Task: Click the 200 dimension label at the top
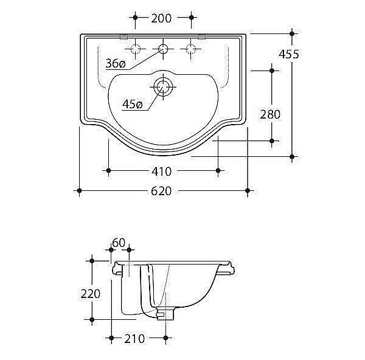tap(161, 18)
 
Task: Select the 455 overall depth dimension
tap(289, 54)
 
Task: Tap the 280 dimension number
tap(270, 114)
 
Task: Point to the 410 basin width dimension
tap(161, 171)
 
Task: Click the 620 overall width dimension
tap(161, 191)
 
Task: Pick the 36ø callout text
tap(116, 63)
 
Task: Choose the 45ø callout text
tap(132, 104)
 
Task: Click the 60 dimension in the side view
tap(119, 243)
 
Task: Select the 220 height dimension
tap(91, 294)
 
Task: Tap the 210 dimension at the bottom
tap(134, 339)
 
